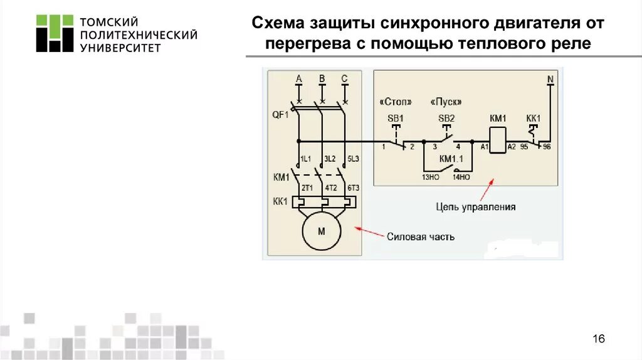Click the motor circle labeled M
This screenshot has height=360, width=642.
[x=322, y=231]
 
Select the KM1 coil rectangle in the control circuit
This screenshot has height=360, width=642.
[x=498, y=140]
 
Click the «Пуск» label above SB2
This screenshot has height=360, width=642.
[x=446, y=102]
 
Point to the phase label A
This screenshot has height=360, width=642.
[x=299, y=79]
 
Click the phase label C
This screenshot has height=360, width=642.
[x=344, y=79]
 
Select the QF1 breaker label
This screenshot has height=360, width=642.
[x=280, y=115]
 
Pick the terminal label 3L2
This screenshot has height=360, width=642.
[x=329, y=159]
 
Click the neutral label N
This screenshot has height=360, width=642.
[x=550, y=79]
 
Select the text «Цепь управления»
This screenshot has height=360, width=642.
[x=476, y=206]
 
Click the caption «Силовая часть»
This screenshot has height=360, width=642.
[x=420, y=237]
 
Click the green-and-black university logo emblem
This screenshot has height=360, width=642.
[x=55, y=33]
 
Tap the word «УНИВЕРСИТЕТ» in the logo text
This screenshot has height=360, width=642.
[x=120, y=48]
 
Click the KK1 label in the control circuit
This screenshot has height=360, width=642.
[x=533, y=118]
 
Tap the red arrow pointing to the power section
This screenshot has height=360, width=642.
[x=369, y=233]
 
